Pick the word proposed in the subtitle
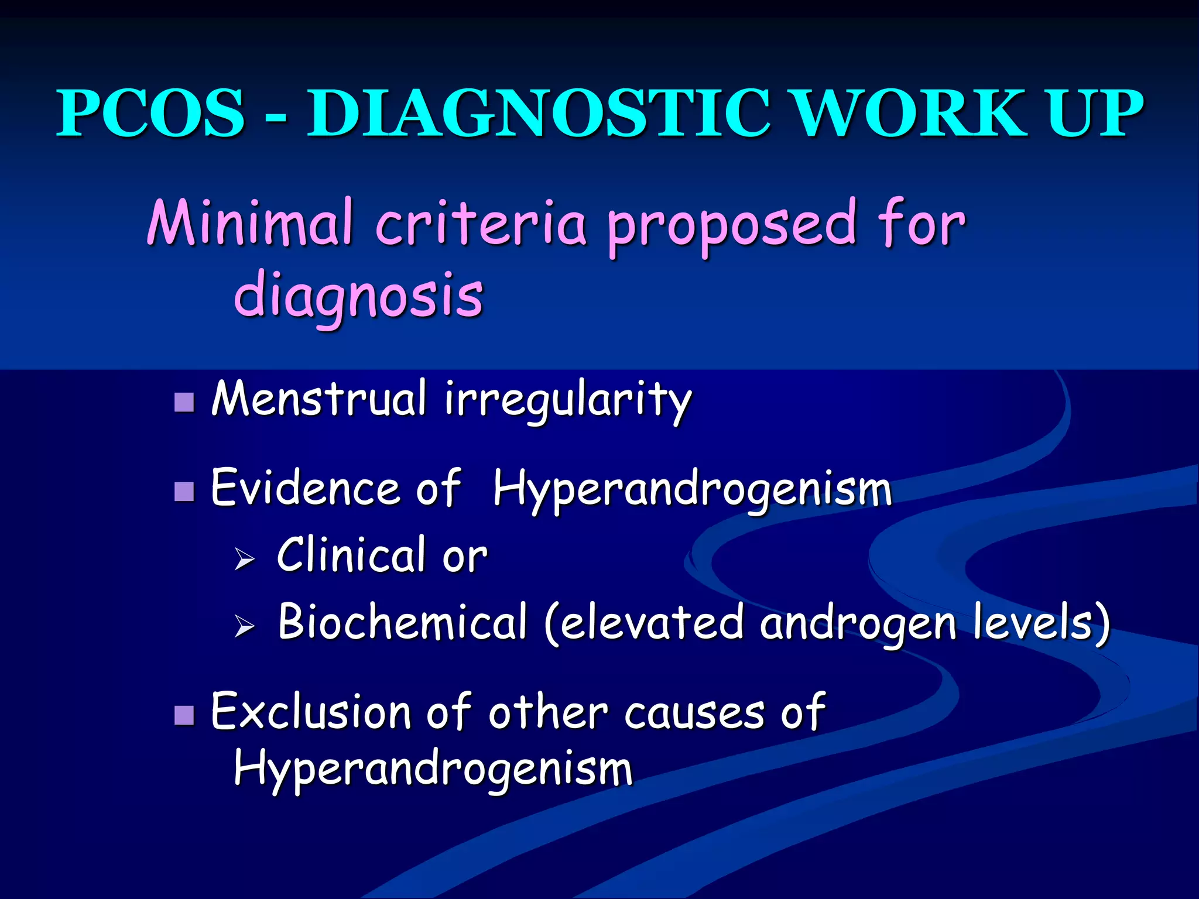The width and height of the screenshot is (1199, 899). [x=732, y=228]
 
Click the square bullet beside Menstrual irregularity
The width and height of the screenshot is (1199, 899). [x=184, y=402]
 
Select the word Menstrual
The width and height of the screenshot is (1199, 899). [x=319, y=399]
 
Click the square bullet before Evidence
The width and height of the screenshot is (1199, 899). [x=184, y=492]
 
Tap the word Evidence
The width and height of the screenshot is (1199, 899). [x=304, y=488]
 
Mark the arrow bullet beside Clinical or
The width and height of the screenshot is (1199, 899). [x=245, y=558]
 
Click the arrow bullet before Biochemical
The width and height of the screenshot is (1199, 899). [x=245, y=626]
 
